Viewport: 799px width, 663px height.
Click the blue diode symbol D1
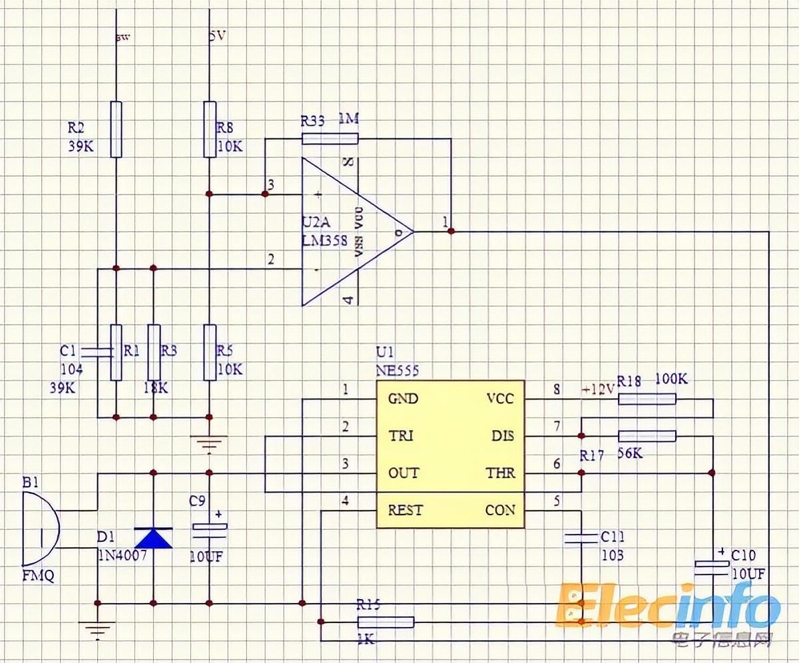pyautogui.click(x=153, y=537)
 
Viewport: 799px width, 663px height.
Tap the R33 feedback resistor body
pyautogui.click(x=330, y=138)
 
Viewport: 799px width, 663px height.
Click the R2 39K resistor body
pyautogui.click(x=116, y=128)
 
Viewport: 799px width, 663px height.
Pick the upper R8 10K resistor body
pyautogui.click(x=210, y=128)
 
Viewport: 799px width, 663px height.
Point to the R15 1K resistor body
pyautogui.click(x=386, y=622)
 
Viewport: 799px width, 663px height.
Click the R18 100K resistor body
pyautogui.click(x=647, y=399)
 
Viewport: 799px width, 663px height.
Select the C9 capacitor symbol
pyautogui.click(x=210, y=528)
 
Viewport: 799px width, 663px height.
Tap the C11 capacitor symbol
pyautogui.click(x=581, y=538)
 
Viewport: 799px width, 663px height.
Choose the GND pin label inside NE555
pyautogui.click(x=403, y=399)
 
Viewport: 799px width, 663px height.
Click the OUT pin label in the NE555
pyautogui.click(x=403, y=473)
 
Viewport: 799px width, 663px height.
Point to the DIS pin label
pyautogui.click(x=503, y=436)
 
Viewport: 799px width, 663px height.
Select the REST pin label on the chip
pyautogui.click(x=405, y=510)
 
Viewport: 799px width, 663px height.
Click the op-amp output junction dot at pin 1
pyautogui.click(x=451, y=231)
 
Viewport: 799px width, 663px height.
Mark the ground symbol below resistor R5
pyautogui.click(x=209, y=441)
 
